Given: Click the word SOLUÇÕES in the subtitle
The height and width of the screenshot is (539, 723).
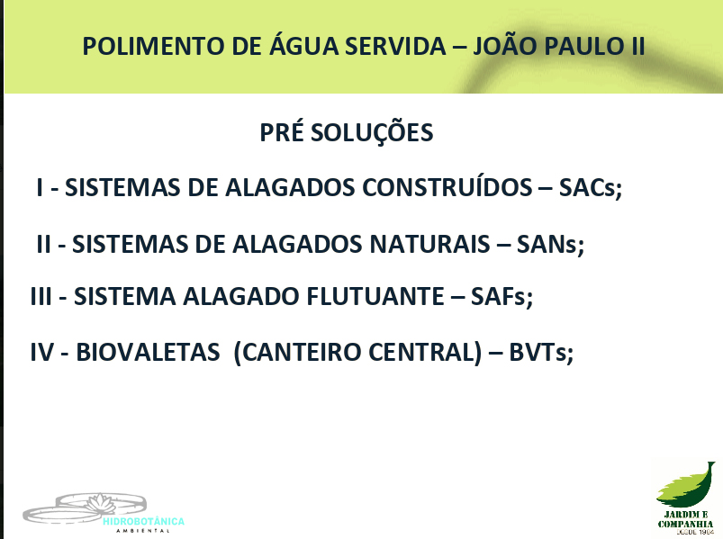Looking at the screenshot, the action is tap(372, 133).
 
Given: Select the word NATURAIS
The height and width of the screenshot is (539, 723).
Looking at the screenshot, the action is tap(429, 244).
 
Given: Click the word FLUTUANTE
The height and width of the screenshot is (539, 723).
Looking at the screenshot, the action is tap(375, 296).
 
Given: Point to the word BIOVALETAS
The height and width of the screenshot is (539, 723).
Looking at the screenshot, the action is tap(148, 353).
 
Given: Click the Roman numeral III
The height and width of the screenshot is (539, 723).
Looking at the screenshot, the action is tap(41, 296).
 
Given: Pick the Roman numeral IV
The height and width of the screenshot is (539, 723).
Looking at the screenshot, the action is tap(42, 353).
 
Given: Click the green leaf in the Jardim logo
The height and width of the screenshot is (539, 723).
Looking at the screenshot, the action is tap(686, 485).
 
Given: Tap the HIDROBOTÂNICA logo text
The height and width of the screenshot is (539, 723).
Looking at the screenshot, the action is tap(143, 522).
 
